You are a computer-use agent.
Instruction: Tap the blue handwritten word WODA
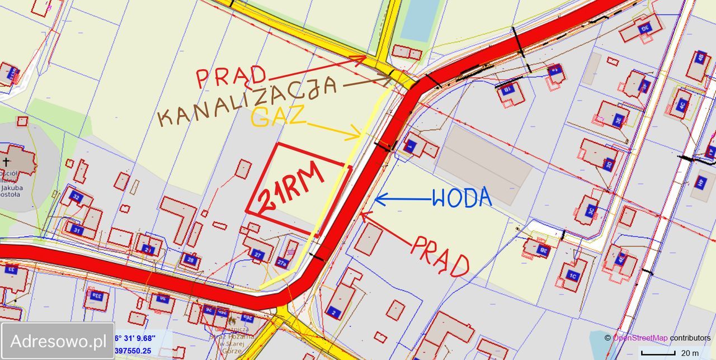click(461, 197)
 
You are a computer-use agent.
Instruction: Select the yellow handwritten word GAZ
click(278, 117)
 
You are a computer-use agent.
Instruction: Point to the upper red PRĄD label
click(231, 77)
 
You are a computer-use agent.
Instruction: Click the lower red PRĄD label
click(440, 255)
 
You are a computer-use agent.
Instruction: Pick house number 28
click(191, 259)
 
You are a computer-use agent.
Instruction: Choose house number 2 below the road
click(333, 311)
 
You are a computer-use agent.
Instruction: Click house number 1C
click(572, 275)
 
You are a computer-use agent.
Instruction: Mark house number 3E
click(618, 119)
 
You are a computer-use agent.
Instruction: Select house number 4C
click(681, 104)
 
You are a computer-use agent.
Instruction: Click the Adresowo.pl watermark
click(58, 340)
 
